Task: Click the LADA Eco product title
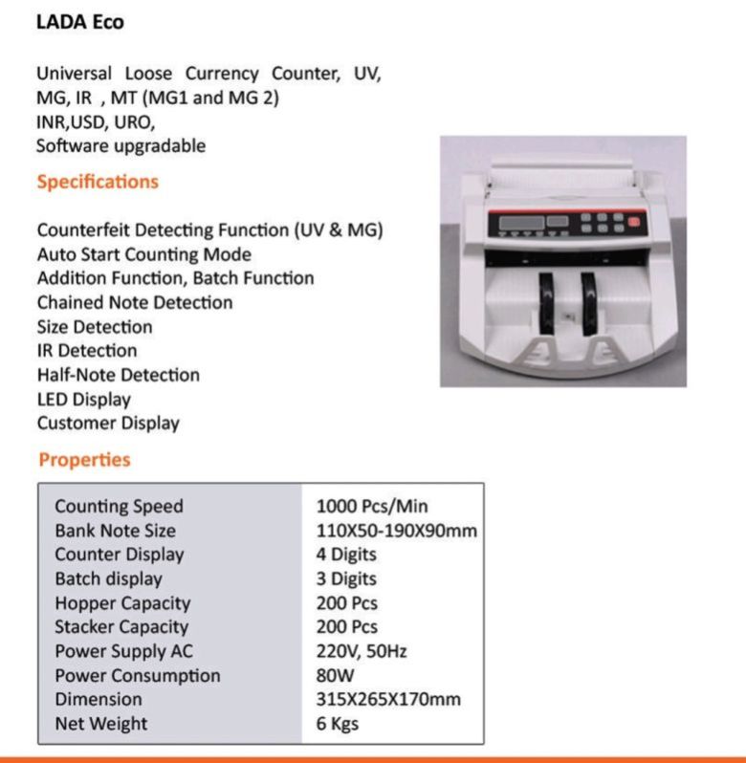click(79, 21)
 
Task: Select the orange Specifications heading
click(98, 182)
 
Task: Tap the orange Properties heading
click(84, 460)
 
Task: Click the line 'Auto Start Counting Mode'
click(144, 254)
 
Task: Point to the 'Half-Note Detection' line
click(119, 375)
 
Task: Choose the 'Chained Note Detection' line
click(135, 302)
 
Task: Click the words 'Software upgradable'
click(121, 146)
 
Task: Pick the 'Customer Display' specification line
click(108, 423)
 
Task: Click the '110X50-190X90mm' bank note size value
click(396, 530)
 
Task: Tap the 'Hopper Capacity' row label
click(122, 603)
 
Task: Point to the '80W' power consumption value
click(335, 675)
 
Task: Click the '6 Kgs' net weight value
click(338, 724)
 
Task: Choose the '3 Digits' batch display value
click(346, 578)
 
